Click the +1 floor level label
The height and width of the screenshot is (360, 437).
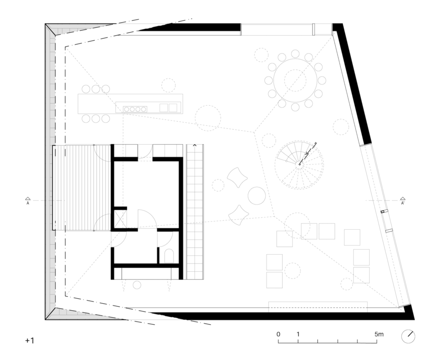pyautogui.click(x=30, y=340)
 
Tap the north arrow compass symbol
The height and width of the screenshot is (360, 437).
pyautogui.click(x=408, y=336)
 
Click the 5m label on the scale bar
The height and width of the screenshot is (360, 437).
pyautogui.click(x=379, y=334)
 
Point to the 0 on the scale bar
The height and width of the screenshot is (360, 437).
pyautogui.click(x=278, y=334)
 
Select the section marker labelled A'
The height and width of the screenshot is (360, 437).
pyautogui.click(x=402, y=201)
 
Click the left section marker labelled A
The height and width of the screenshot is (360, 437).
pyautogui.click(x=28, y=201)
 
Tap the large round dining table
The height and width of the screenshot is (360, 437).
pyautogui.click(x=295, y=80)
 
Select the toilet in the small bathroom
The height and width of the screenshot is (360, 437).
pyautogui.click(x=169, y=256)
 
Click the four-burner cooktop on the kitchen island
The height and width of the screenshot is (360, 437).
pyautogui.click(x=135, y=109)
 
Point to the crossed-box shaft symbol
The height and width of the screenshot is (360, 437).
pyautogui.click(x=120, y=219)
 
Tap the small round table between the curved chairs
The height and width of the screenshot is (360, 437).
pyautogui.click(x=257, y=196)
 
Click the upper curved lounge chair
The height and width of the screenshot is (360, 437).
pyautogui.click(x=237, y=177)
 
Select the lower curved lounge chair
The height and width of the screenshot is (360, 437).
pyautogui.click(x=239, y=215)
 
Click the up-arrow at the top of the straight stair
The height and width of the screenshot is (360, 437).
pyautogui.click(x=194, y=145)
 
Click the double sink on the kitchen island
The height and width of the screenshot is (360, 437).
pyautogui.click(x=168, y=107)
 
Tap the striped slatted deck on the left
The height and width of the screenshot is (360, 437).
pyautogui.click(x=82, y=187)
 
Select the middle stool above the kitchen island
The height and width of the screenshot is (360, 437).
pyautogui.click(x=96, y=89)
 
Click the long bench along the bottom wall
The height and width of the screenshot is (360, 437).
pyautogui.click(x=318, y=307)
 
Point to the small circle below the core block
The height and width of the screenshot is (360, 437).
pyautogui.click(x=137, y=285)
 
